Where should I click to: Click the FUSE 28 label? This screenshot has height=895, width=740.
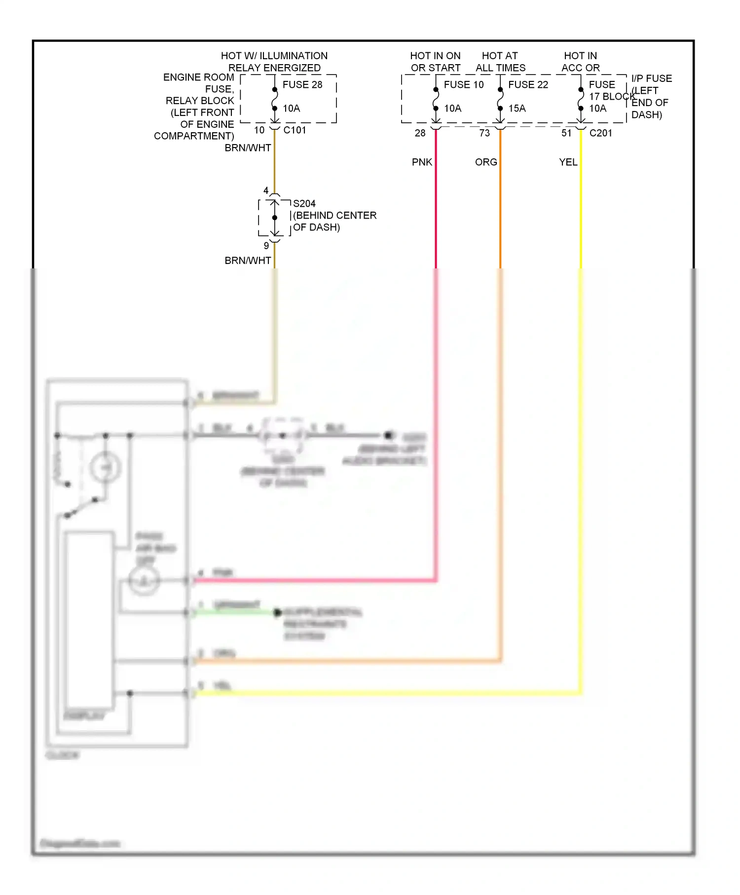pyautogui.click(x=302, y=84)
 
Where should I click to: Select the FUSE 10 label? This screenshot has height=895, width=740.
pyautogui.click(x=464, y=84)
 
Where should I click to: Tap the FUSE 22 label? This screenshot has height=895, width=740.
pyautogui.click(x=528, y=84)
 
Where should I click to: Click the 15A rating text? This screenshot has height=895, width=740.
pyautogui.click(x=517, y=109)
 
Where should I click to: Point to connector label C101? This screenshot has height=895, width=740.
pyautogui.click(x=295, y=130)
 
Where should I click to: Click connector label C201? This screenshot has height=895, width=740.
pyautogui.click(x=600, y=133)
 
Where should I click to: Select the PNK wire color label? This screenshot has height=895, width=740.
pyautogui.click(x=422, y=162)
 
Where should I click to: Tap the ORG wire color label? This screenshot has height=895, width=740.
pyautogui.click(x=486, y=162)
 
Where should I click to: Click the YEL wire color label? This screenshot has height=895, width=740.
pyautogui.click(x=568, y=162)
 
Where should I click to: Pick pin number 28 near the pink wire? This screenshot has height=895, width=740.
pyautogui.click(x=420, y=133)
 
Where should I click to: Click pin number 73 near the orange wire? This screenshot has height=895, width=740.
pyautogui.click(x=484, y=133)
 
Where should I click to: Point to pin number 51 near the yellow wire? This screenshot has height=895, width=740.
pyautogui.click(x=566, y=133)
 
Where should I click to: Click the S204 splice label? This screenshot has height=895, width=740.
pyautogui.click(x=304, y=204)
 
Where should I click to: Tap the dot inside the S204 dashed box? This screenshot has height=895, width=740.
pyautogui.click(x=275, y=218)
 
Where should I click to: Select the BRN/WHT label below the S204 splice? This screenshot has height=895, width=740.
pyautogui.click(x=248, y=261)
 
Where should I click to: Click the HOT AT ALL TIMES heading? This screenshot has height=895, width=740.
pyautogui.click(x=500, y=62)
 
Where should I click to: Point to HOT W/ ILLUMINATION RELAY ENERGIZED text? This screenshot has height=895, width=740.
pyautogui.click(x=274, y=62)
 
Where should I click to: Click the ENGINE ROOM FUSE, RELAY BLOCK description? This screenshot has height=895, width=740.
pyautogui.click(x=197, y=106)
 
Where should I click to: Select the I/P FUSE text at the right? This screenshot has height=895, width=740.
pyautogui.click(x=651, y=79)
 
